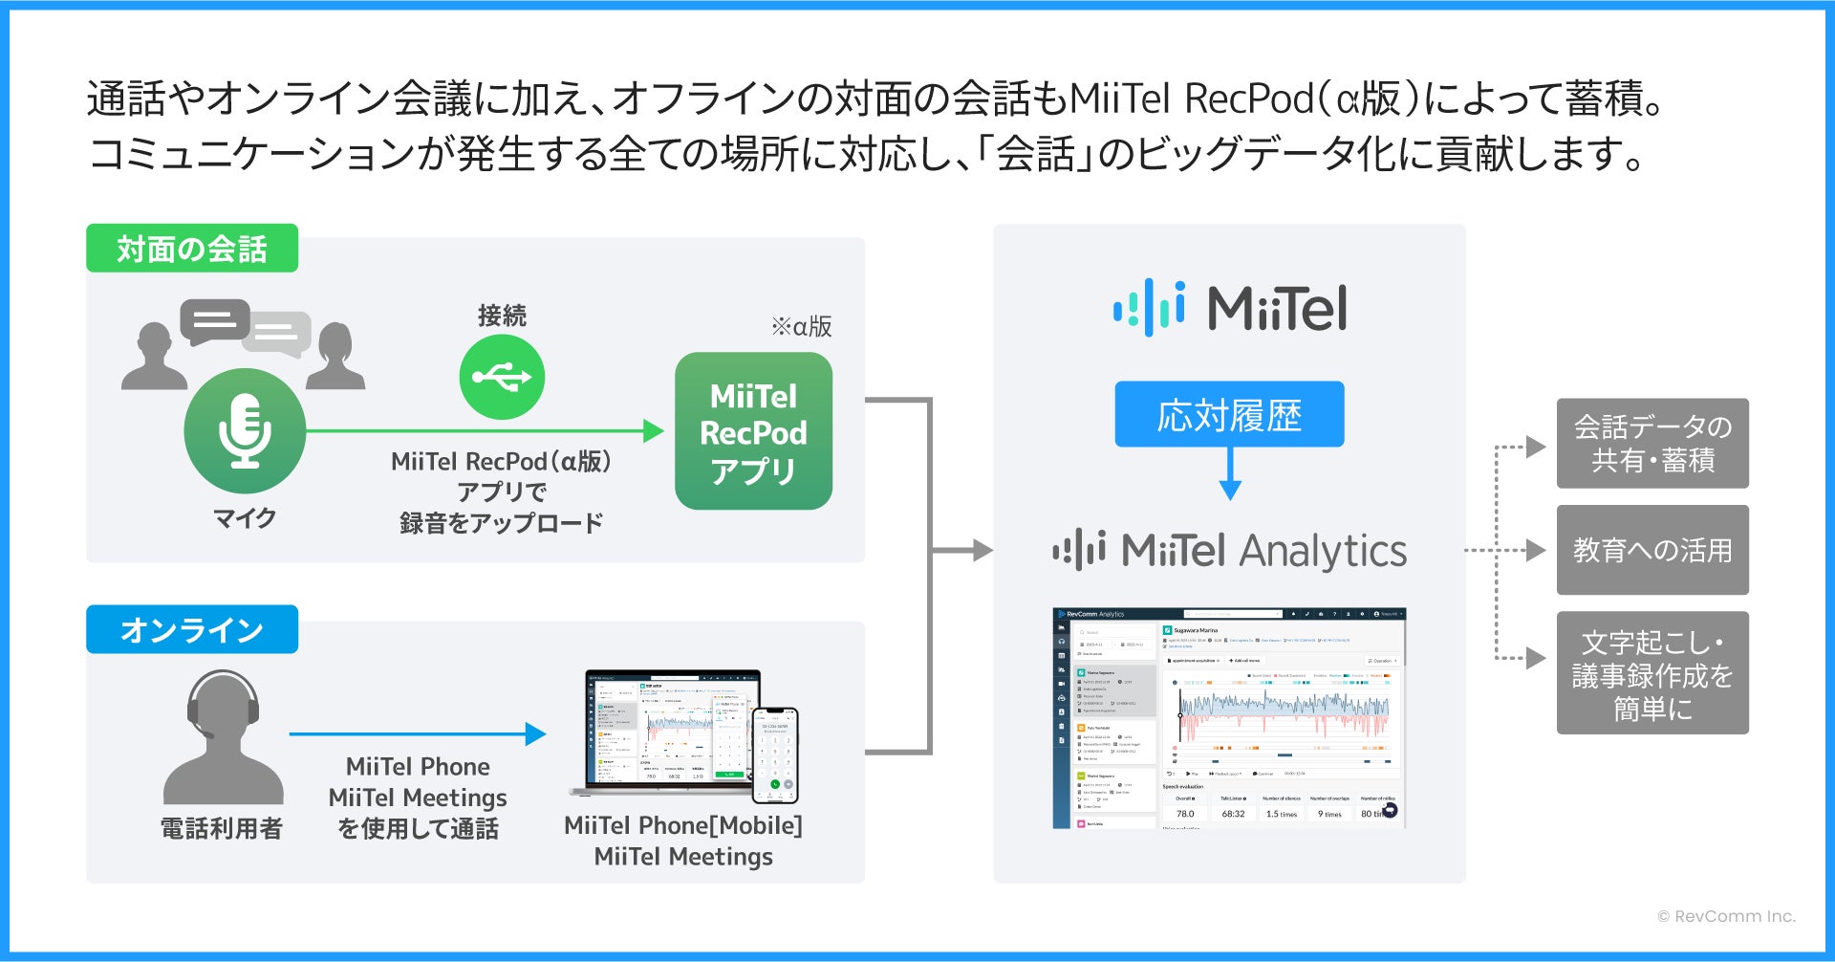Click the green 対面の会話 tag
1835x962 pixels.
tap(191, 249)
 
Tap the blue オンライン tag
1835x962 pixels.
tap(191, 629)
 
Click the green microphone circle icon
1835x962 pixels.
tap(245, 431)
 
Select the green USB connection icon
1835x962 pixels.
tap(502, 377)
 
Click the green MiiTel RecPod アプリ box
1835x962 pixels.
tap(753, 431)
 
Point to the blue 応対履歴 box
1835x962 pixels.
tap(1229, 414)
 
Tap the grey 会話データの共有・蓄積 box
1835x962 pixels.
tap(1652, 444)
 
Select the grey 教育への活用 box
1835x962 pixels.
tap(1652, 550)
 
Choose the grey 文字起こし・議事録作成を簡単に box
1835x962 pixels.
tap(1652, 673)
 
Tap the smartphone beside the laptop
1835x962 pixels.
tap(774, 754)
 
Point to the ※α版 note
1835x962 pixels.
tap(801, 327)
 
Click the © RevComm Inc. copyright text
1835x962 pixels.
tap(1725, 916)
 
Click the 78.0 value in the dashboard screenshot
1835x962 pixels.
tap(1185, 814)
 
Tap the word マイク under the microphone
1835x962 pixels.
tap(245, 518)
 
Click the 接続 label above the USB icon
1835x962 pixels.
tap(502, 316)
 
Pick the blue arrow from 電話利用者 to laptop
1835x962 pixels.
tap(417, 734)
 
